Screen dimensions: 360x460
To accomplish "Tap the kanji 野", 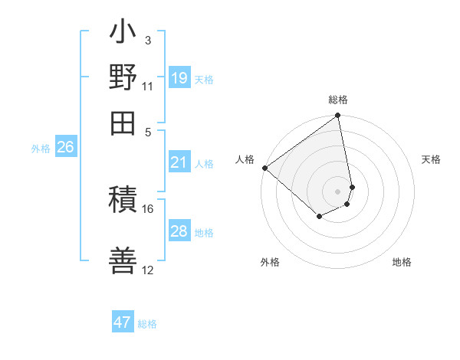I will pos(123,79).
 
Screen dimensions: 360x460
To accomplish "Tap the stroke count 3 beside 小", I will pos(147,41).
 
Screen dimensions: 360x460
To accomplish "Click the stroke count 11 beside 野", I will pos(147,85).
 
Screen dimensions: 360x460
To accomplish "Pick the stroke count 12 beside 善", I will pos(147,270).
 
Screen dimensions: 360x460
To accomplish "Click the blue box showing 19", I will pos(179,77).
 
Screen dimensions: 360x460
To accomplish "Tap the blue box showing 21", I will pos(179,162).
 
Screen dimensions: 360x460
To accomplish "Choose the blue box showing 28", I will pos(179,231).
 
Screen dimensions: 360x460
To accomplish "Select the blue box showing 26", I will pos(65,148).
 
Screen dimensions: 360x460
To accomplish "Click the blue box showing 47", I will pos(123,322).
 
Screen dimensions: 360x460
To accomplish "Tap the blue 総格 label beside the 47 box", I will pos(147,324).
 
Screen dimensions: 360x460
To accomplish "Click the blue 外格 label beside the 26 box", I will pos(41,149).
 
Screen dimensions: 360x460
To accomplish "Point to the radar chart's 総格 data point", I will pos(337,116).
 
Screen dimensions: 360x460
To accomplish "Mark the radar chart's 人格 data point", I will pos(264,168).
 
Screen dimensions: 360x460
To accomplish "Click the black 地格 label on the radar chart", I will pos(402,262).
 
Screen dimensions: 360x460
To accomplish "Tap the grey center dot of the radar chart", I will pos(337,191).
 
